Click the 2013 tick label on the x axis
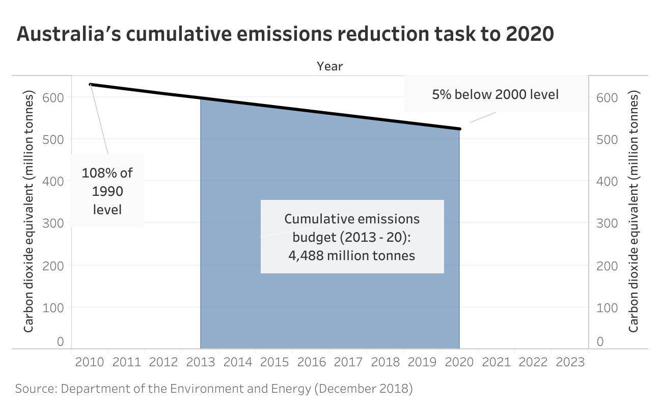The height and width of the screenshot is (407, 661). (x=200, y=363)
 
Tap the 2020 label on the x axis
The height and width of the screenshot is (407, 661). (x=459, y=363)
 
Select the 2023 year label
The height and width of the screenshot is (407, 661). (x=570, y=363)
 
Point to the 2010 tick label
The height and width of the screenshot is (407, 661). (x=89, y=363)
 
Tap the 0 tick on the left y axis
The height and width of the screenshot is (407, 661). (x=60, y=341)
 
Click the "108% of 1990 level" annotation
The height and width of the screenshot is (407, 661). (x=107, y=191)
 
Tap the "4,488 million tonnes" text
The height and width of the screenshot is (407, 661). (x=352, y=255)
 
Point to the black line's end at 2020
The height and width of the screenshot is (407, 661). (x=459, y=129)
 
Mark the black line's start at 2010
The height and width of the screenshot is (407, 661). (x=91, y=84)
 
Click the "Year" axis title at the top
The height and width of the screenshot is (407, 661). (x=330, y=66)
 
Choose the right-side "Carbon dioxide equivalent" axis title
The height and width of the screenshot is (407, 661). (x=633, y=212)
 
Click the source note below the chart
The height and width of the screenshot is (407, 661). (x=214, y=389)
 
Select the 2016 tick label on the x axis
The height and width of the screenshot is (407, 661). (x=311, y=363)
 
